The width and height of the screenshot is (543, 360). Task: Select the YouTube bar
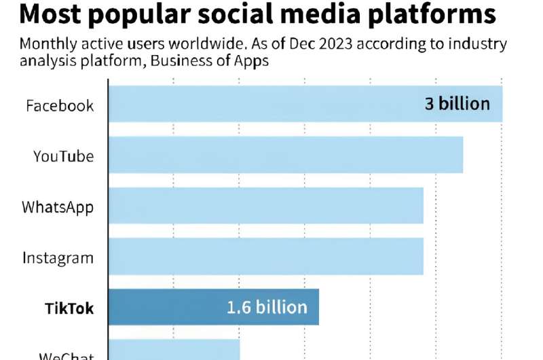point(286,155)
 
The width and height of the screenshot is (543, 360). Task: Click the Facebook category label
point(60,106)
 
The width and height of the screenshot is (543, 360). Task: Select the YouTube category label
point(64,156)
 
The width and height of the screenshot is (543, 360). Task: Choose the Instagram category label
point(58,258)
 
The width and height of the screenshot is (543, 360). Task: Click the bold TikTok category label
point(69,308)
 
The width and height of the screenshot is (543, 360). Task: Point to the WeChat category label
point(66,355)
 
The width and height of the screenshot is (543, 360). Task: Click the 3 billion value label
point(457,104)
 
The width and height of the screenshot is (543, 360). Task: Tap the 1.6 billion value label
point(267,307)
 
